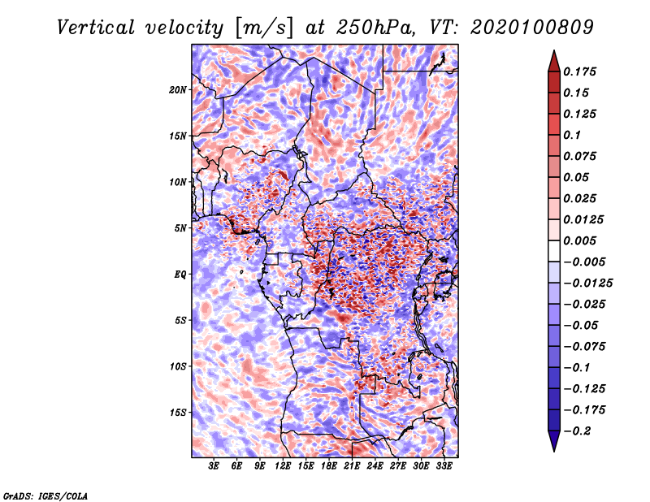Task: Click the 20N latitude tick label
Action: click(179, 89)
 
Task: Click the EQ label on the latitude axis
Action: click(181, 274)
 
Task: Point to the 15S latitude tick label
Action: click(179, 412)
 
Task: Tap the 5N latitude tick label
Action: click(181, 228)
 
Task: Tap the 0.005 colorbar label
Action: click(582, 241)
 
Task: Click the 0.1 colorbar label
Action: click(572, 135)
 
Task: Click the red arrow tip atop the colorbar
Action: click(553, 56)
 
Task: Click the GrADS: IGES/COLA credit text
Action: click(45, 495)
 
